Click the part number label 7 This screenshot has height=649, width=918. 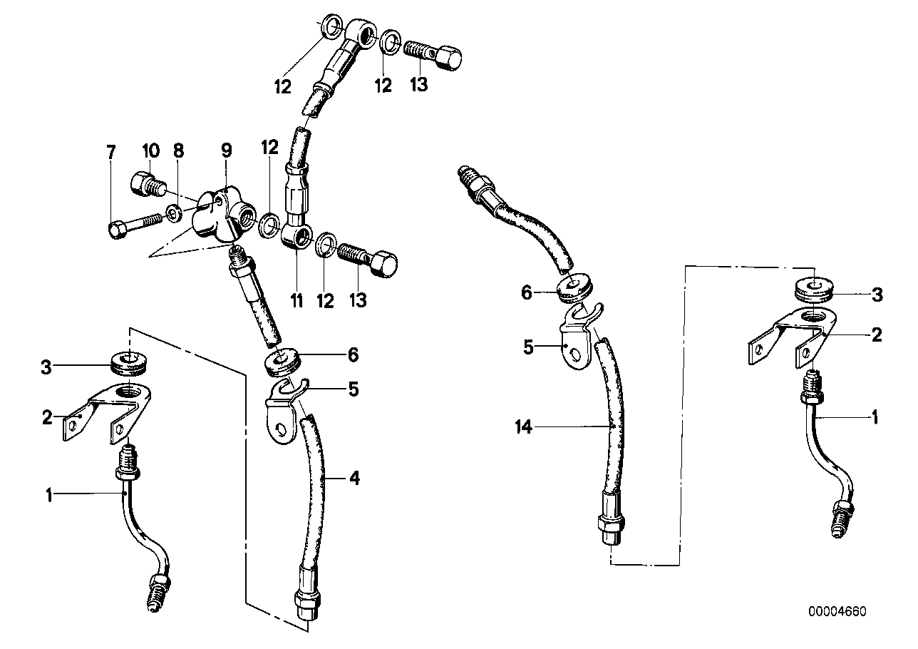pyautogui.click(x=110, y=151)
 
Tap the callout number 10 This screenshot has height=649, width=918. pyautogui.click(x=150, y=151)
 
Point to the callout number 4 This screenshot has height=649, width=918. pyautogui.click(x=354, y=479)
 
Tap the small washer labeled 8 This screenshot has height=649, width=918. pyautogui.click(x=173, y=213)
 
